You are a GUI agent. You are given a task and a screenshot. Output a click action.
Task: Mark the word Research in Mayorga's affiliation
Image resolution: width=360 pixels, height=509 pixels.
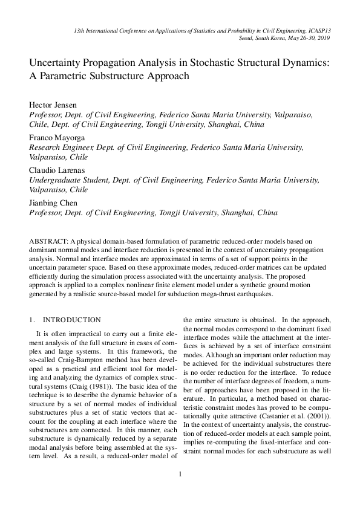pos(47,147)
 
